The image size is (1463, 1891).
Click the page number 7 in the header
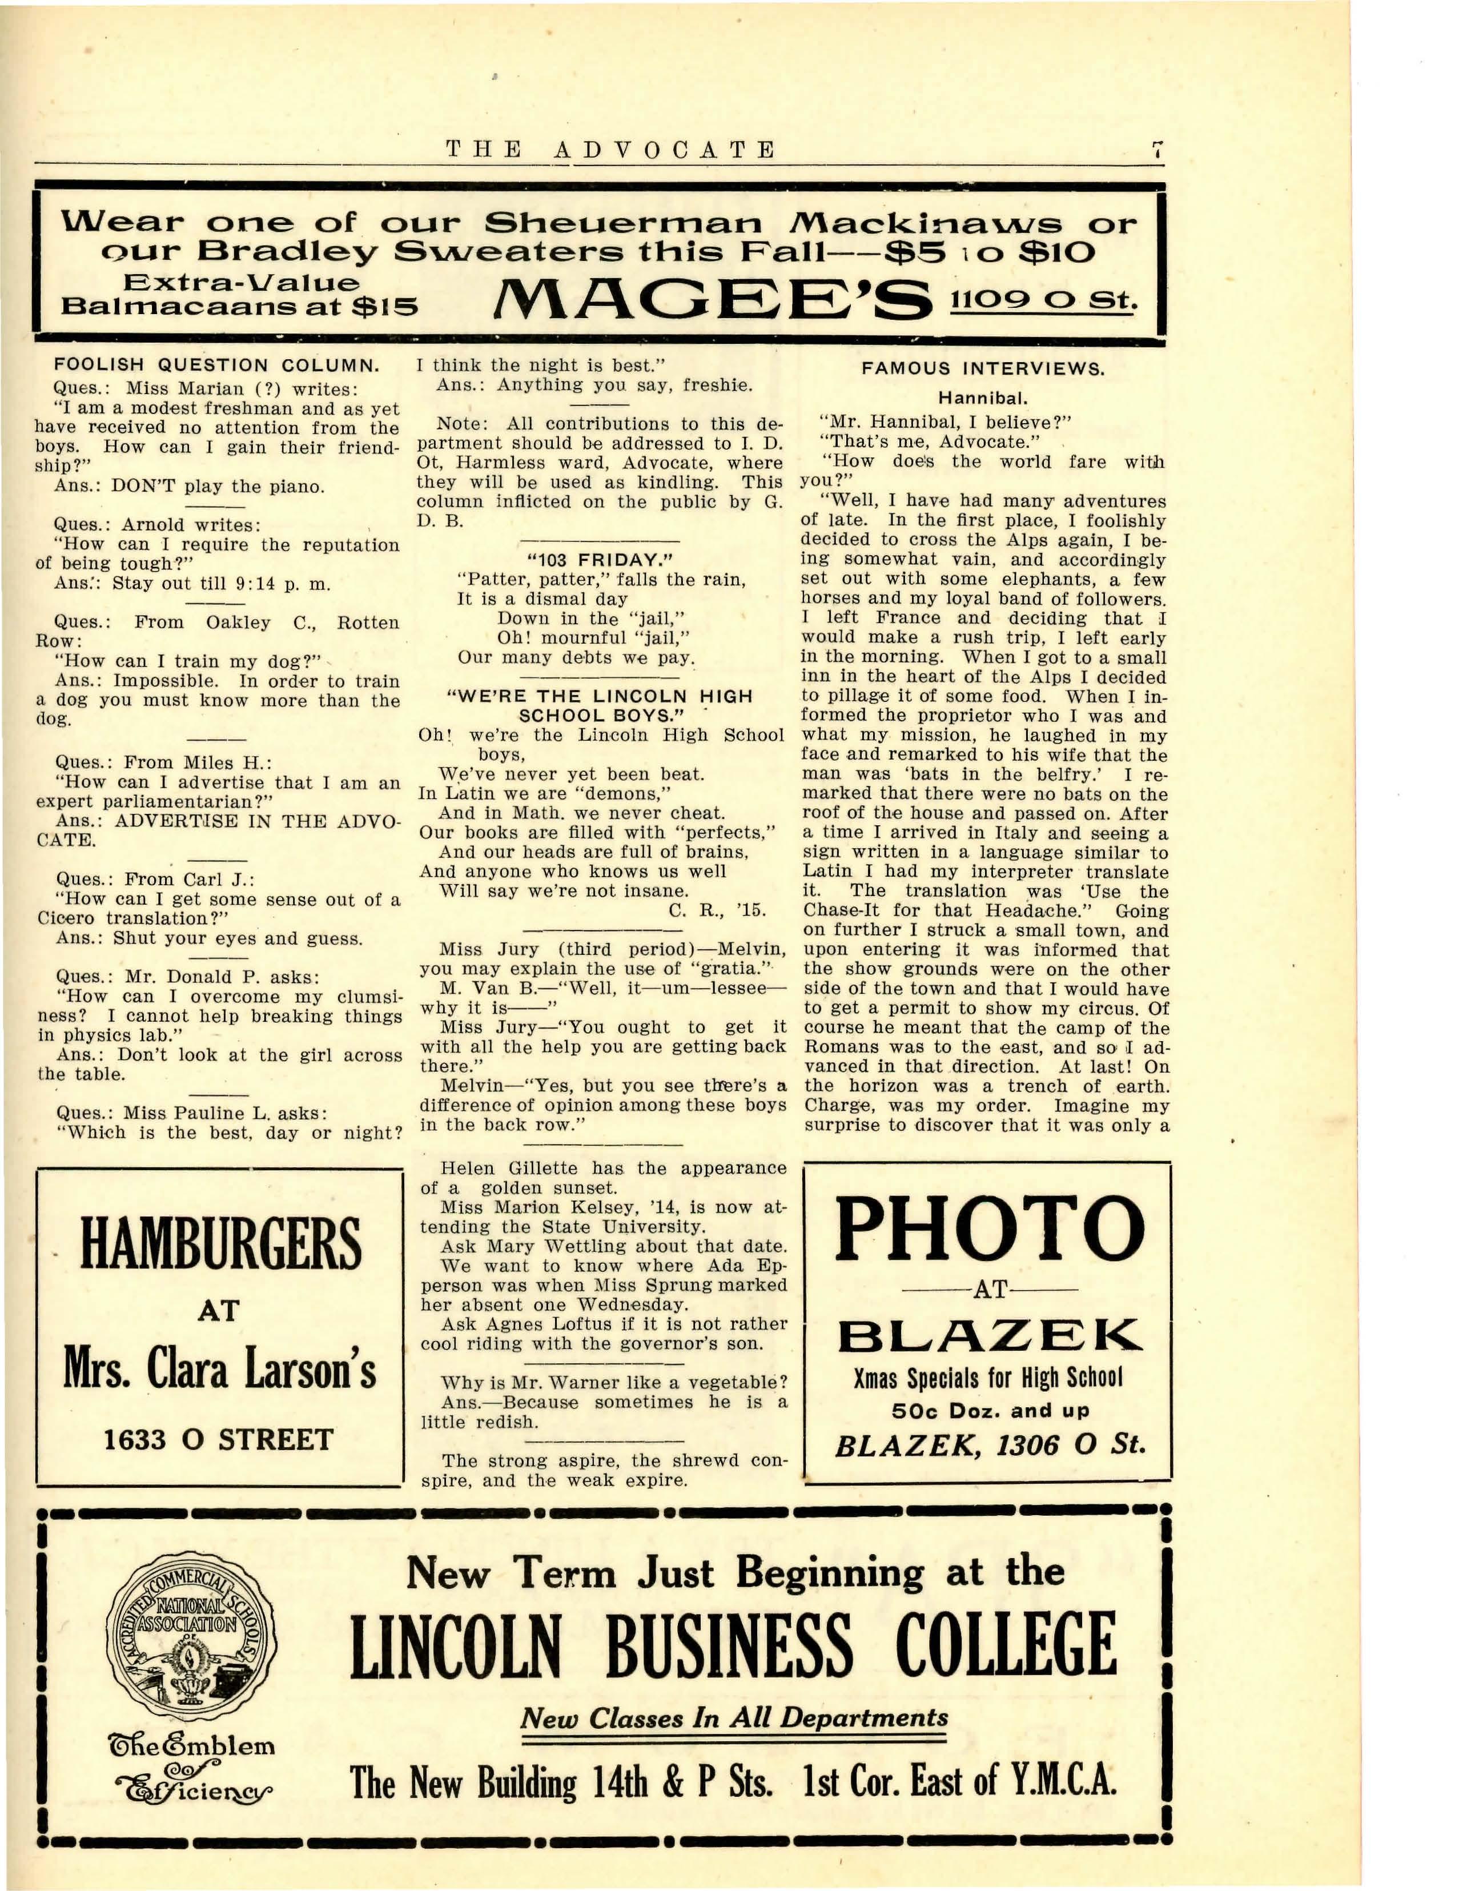[x=1156, y=150]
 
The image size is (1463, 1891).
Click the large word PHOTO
[x=988, y=1230]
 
